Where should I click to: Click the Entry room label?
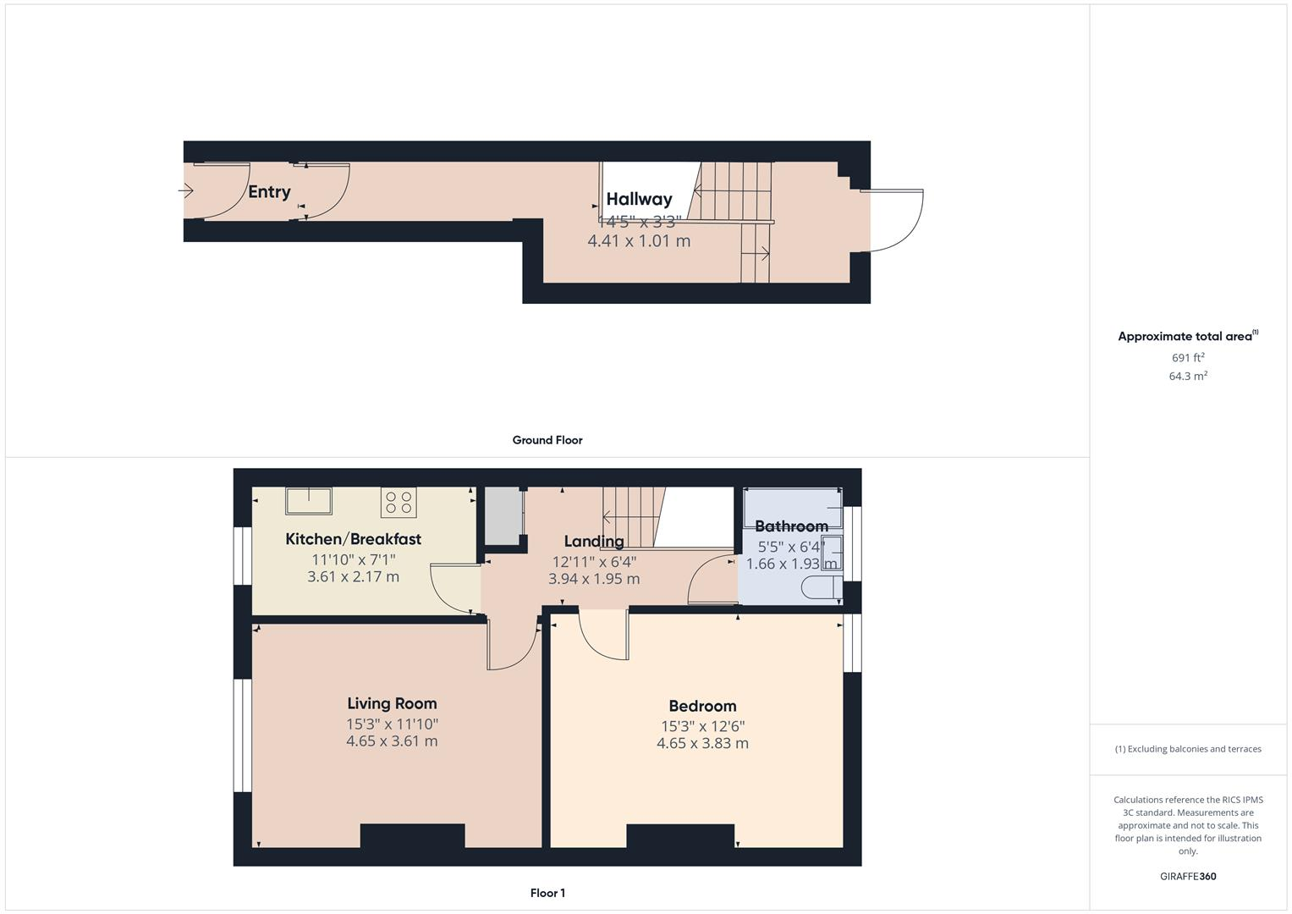click(269, 192)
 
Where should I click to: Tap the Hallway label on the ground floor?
click(639, 199)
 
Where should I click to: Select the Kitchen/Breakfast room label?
click(353, 539)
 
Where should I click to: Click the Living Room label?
click(392, 703)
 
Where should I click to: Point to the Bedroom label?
click(702, 706)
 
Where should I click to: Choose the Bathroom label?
click(791, 526)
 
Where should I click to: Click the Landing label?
click(594, 542)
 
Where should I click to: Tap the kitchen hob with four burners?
click(399, 503)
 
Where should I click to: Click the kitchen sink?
click(308, 501)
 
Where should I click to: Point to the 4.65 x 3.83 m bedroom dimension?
click(702, 744)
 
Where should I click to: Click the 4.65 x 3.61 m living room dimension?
click(392, 741)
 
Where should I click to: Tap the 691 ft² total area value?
click(1188, 358)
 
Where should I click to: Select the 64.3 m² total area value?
click(1188, 377)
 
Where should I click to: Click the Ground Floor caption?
click(547, 440)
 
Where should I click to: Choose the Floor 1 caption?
click(547, 893)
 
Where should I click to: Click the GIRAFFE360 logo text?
click(1188, 877)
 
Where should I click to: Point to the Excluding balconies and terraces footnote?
click(1188, 749)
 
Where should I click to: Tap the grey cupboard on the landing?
click(501, 516)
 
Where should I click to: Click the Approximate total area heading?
click(1187, 336)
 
